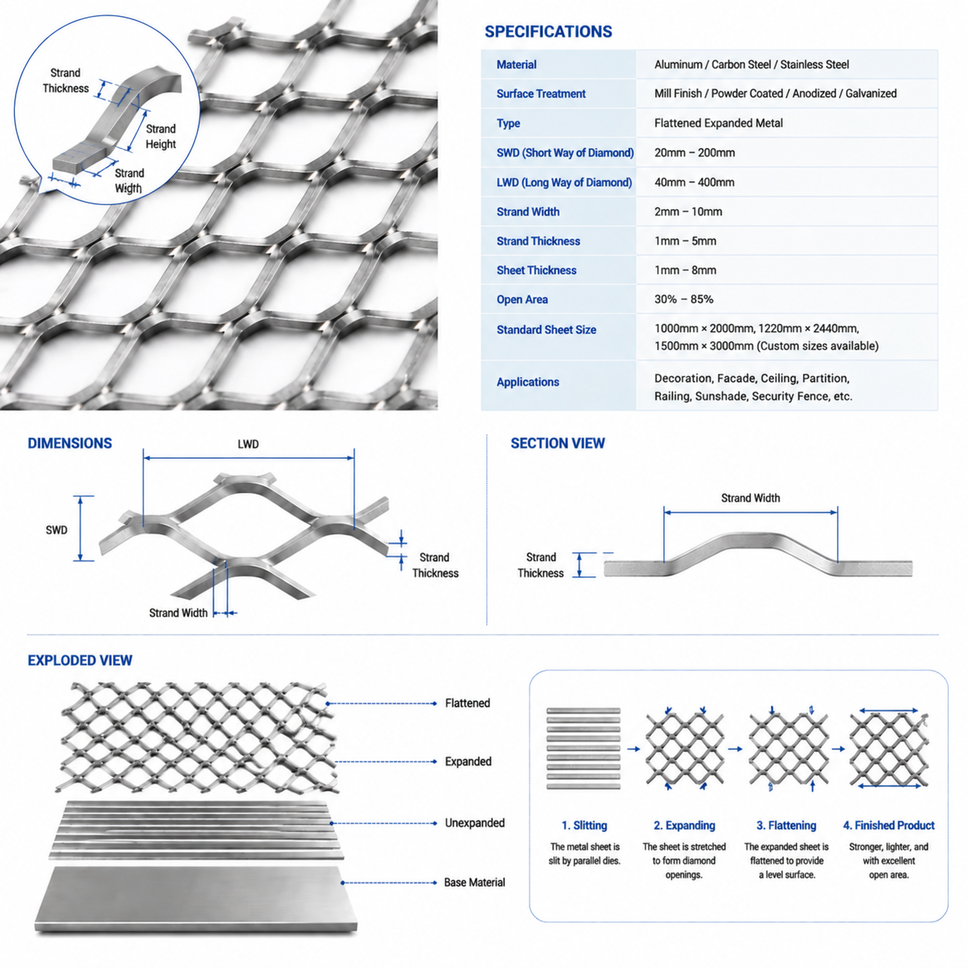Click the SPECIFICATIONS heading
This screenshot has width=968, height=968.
[548, 32]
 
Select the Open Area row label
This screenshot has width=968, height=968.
[522, 300]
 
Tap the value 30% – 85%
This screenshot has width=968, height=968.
[683, 300]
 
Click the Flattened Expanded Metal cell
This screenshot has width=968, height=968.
[718, 123]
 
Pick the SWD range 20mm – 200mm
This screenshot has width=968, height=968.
[694, 153]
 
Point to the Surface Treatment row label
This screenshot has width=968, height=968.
[540, 93]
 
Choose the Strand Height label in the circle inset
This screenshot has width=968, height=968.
[161, 137]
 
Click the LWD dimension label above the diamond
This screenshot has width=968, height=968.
[248, 444]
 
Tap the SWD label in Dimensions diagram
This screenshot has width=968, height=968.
[56, 530]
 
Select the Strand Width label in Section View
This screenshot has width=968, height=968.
[750, 498]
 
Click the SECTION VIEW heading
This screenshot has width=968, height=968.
[557, 443]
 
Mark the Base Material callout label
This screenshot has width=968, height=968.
[474, 882]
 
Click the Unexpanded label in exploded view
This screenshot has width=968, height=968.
[474, 823]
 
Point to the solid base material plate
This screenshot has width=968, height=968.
[195, 899]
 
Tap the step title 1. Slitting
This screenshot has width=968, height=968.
[584, 825]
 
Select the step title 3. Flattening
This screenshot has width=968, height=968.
[786, 825]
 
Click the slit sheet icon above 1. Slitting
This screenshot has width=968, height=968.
[583, 748]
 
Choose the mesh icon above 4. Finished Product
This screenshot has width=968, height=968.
[888, 749]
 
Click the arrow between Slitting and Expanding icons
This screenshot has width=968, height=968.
[633, 749]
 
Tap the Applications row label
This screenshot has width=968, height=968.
[527, 382]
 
